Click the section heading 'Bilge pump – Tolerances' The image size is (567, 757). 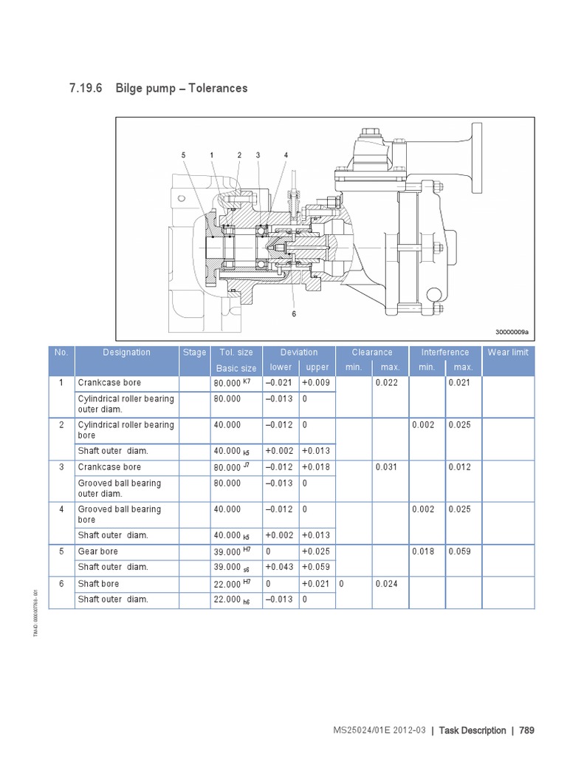tap(181, 89)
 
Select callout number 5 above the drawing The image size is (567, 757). tap(183, 155)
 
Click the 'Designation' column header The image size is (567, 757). tap(126, 353)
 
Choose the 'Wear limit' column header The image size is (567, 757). tap(507, 353)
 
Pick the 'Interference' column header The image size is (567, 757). tap(444, 353)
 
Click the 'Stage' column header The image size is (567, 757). tap(194, 353)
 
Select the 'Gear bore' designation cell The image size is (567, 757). tap(98, 551)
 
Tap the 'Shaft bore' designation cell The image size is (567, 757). tap(99, 584)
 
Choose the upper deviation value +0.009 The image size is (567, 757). tap(315, 383)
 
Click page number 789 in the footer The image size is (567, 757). tap(526, 730)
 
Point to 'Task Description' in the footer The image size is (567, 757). tap(472, 730)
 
